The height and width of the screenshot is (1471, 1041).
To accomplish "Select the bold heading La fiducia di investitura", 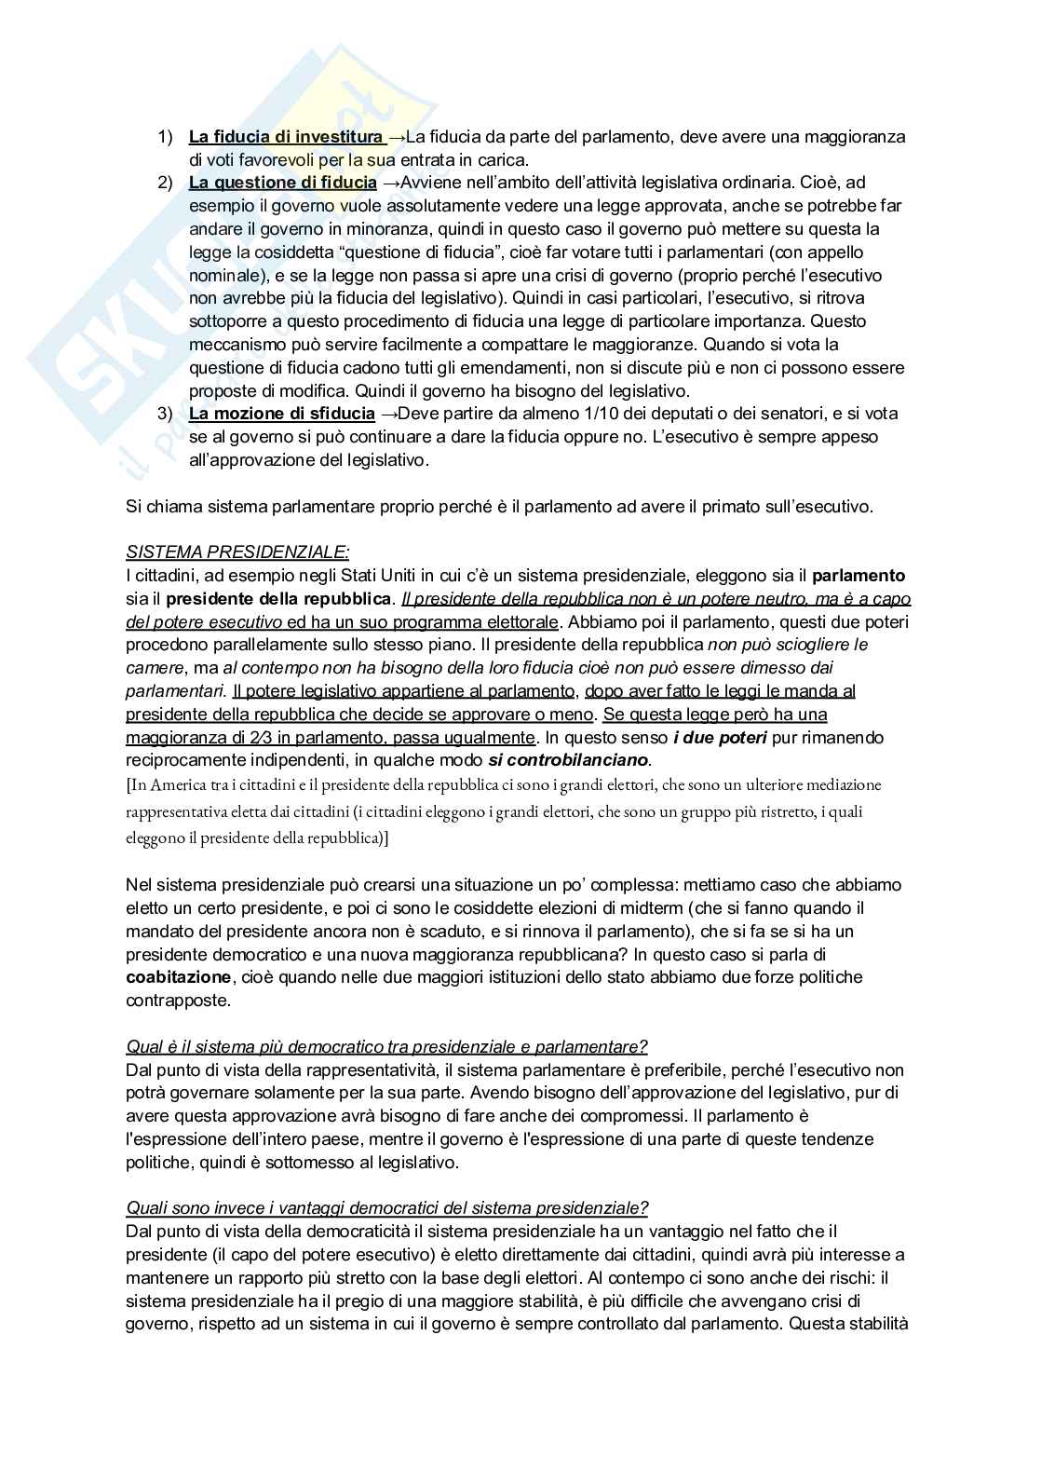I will (x=285, y=137).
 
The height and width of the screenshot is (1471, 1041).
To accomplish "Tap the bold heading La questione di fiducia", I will (x=283, y=183).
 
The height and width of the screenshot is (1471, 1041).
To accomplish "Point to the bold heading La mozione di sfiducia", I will (x=282, y=414).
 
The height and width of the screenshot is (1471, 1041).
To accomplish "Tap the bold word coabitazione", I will (x=178, y=977).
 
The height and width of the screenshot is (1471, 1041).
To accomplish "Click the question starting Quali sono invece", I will (x=386, y=1208).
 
